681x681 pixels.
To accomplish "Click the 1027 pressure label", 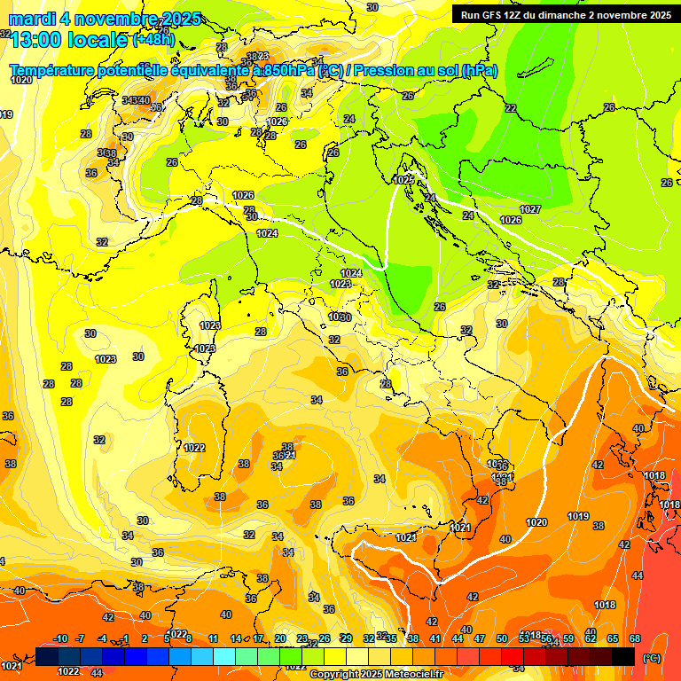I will tap(530, 209).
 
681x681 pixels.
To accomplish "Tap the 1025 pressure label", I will tap(403, 180).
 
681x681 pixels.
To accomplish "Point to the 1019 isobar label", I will tap(578, 516).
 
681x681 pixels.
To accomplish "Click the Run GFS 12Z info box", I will tap(562, 14).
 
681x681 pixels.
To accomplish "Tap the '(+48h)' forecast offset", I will tap(154, 40).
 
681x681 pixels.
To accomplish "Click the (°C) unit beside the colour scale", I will tap(651, 658).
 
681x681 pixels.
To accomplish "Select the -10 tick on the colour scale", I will tap(60, 638).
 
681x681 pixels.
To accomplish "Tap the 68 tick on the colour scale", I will tap(635, 638).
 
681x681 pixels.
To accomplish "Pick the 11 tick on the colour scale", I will tap(213, 638).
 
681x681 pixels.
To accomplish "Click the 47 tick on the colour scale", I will tap(480, 638).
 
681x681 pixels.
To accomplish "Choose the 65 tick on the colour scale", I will tap(613, 638).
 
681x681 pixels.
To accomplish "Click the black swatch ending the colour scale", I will tap(623, 656).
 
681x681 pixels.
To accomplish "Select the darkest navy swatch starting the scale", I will tap(47, 656).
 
